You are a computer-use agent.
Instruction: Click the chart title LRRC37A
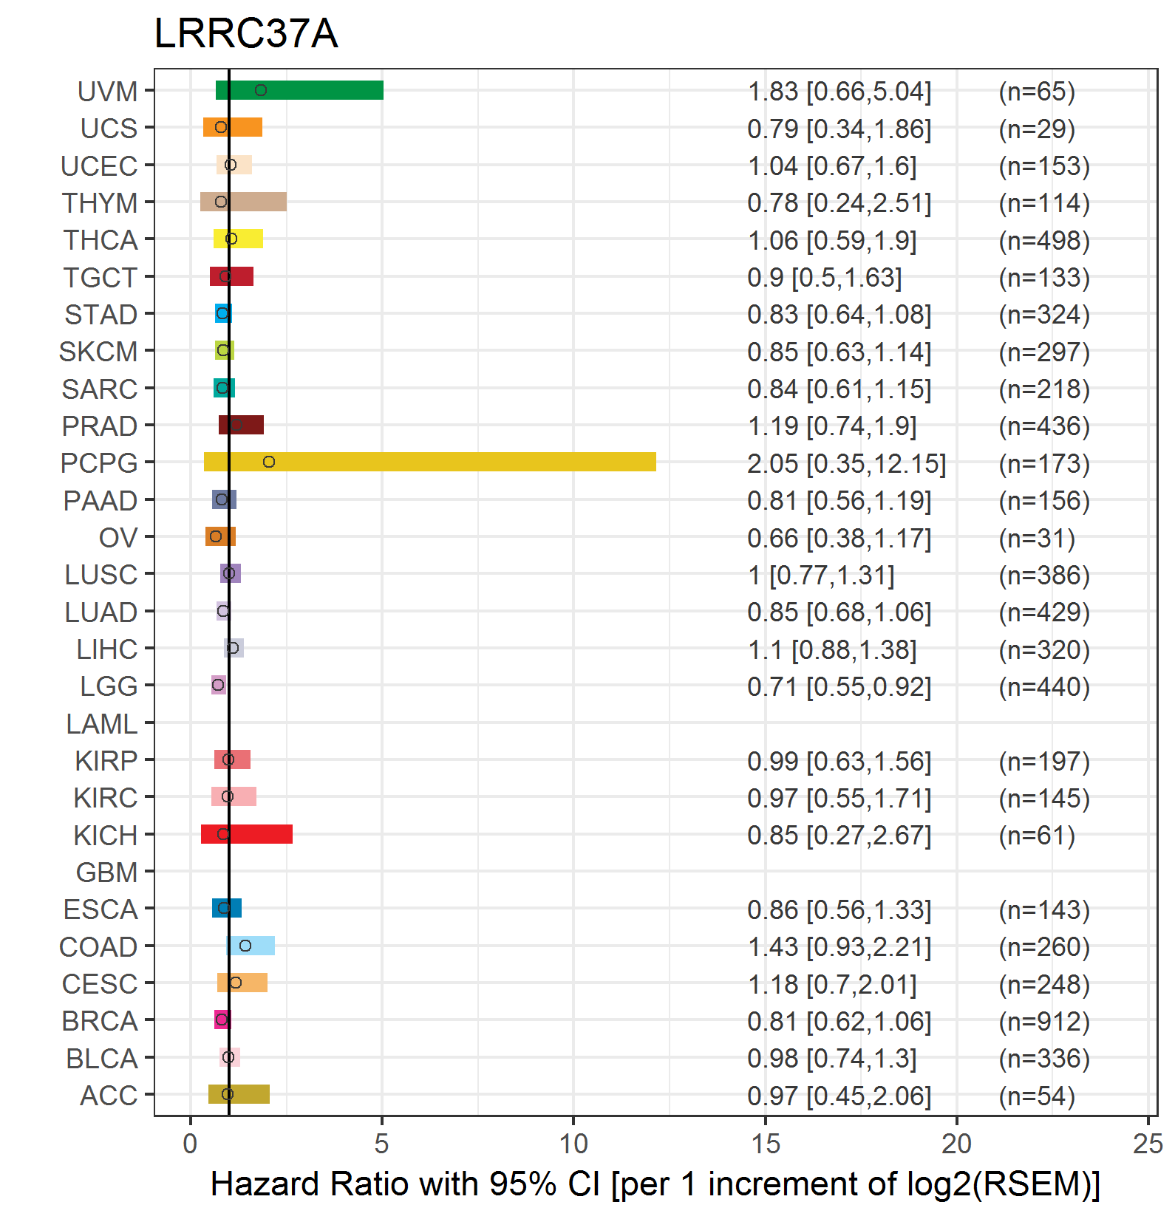click(x=246, y=33)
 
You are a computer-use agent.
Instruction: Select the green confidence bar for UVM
click(x=299, y=90)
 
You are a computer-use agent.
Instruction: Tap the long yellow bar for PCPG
click(x=429, y=462)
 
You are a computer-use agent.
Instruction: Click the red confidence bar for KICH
click(x=246, y=834)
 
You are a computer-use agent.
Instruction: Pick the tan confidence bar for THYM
click(x=243, y=202)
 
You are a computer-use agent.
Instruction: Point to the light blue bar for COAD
click(x=251, y=946)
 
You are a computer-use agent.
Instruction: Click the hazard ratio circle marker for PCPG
click(x=269, y=462)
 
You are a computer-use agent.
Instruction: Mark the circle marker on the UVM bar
click(x=260, y=90)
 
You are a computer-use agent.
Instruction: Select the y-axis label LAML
click(x=101, y=724)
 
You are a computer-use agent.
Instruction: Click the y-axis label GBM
click(x=106, y=873)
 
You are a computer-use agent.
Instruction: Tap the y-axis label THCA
click(x=101, y=240)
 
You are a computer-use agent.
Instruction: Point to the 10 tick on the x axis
click(x=573, y=1144)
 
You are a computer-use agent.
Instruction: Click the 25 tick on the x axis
click(x=1148, y=1144)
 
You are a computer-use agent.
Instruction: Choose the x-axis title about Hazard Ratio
click(x=655, y=1184)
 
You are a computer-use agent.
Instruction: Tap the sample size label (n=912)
click(x=1044, y=1021)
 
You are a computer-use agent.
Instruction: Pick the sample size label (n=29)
click(x=1037, y=129)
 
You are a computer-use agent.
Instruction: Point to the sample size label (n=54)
click(x=1037, y=1096)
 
